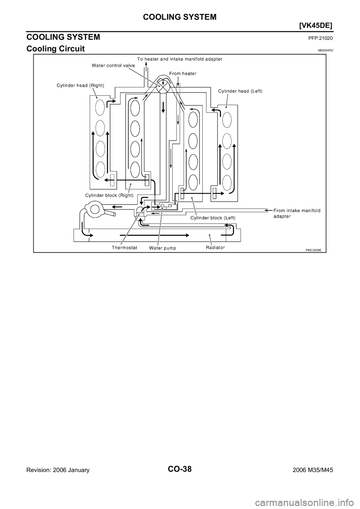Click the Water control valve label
113,66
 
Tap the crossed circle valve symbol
163,87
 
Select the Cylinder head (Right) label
81,86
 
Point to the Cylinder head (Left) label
240,91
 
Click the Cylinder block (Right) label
109,195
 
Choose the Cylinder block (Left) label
213,218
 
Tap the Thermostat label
124,248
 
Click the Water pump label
162,248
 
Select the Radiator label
216,247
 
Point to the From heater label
183,73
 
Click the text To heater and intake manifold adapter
180,59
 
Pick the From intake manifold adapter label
297,213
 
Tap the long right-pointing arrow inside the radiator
154,235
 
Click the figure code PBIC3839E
313,250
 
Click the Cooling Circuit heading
55,49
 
